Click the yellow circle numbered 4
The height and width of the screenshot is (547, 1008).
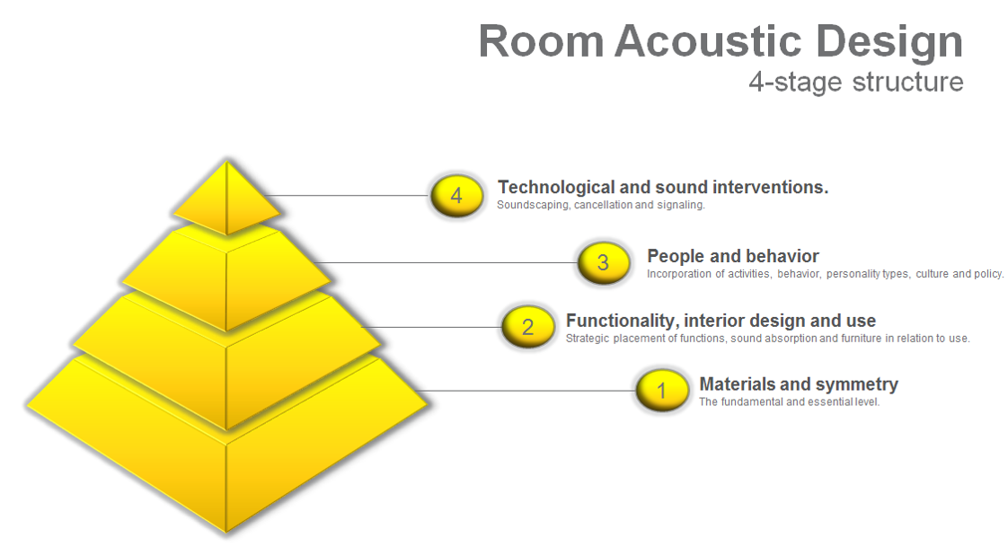point(456,196)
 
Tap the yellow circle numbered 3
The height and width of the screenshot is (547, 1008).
point(603,262)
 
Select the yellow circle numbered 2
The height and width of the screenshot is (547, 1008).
point(527,327)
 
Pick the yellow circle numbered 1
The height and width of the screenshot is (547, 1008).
point(661,390)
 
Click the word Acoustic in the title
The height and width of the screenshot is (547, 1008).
point(708,42)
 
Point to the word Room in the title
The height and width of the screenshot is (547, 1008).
point(542,42)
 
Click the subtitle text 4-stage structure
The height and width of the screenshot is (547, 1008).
point(856,83)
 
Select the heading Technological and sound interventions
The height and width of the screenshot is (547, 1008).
point(663,187)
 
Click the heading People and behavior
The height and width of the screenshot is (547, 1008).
point(733,256)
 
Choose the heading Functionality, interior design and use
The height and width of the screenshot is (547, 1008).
point(721,321)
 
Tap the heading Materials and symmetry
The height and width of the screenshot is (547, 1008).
point(799,384)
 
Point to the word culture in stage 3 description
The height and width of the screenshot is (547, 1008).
point(933,274)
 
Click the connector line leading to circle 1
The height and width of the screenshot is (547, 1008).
point(526,391)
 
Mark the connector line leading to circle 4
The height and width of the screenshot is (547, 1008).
point(346,196)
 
